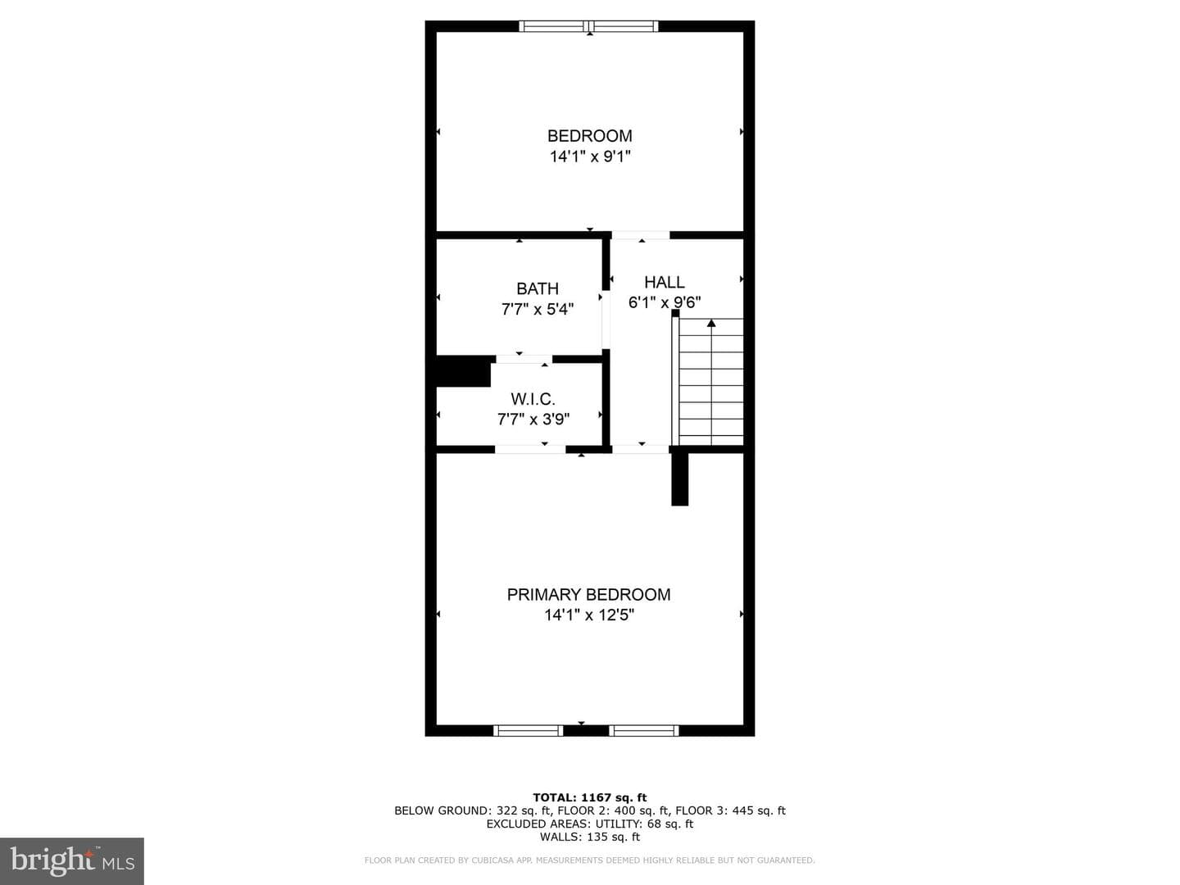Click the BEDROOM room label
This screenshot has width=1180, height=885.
pyautogui.click(x=590, y=136)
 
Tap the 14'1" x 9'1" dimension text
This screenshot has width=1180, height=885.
pyautogui.click(x=590, y=157)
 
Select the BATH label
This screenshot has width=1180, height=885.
pyautogui.click(x=537, y=288)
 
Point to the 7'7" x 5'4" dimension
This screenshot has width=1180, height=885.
pyautogui.click(x=537, y=309)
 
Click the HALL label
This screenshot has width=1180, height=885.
pyautogui.click(x=665, y=282)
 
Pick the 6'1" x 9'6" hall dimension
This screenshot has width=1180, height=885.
pyautogui.click(x=665, y=302)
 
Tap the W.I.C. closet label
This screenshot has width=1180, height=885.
pyautogui.click(x=533, y=399)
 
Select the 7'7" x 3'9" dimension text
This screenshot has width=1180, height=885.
pyautogui.click(x=533, y=419)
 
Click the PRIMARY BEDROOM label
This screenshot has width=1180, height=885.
pyautogui.click(x=588, y=594)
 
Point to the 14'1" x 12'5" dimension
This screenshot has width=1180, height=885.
pyautogui.click(x=589, y=615)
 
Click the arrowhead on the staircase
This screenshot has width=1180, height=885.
pyautogui.click(x=711, y=323)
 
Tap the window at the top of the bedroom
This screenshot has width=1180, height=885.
pyautogui.click(x=588, y=25)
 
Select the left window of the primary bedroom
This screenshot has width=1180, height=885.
pyautogui.click(x=528, y=730)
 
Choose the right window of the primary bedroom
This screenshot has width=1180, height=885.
pyautogui.click(x=643, y=730)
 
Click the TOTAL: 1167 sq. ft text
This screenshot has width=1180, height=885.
pyautogui.click(x=590, y=797)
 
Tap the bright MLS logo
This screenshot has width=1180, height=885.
pyautogui.click(x=72, y=860)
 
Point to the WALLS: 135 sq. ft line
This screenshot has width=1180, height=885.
pyautogui.click(x=590, y=837)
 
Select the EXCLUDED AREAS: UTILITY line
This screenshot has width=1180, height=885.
pyautogui.click(x=590, y=824)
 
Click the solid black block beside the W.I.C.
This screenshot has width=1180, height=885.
pyautogui.click(x=464, y=370)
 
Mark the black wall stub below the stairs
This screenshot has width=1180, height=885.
pyautogui.click(x=679, y=479)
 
